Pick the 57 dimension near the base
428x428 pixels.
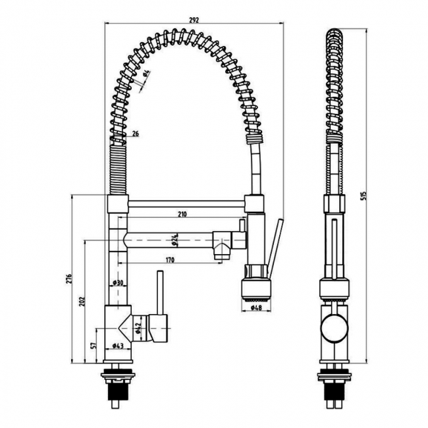pyautogui.click(x=94, y=344)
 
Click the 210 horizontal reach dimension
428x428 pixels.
pyautogui.click(x=181, y=215)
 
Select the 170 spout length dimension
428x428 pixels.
pyautogui.click(x=170, y=261)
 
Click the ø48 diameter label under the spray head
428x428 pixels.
pyautogui.click(x=257, y=308)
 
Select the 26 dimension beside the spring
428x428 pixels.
pyautogui.click(x=135, y=134)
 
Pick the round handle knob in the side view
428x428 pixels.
pyautogui.click(x=334, y=327)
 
